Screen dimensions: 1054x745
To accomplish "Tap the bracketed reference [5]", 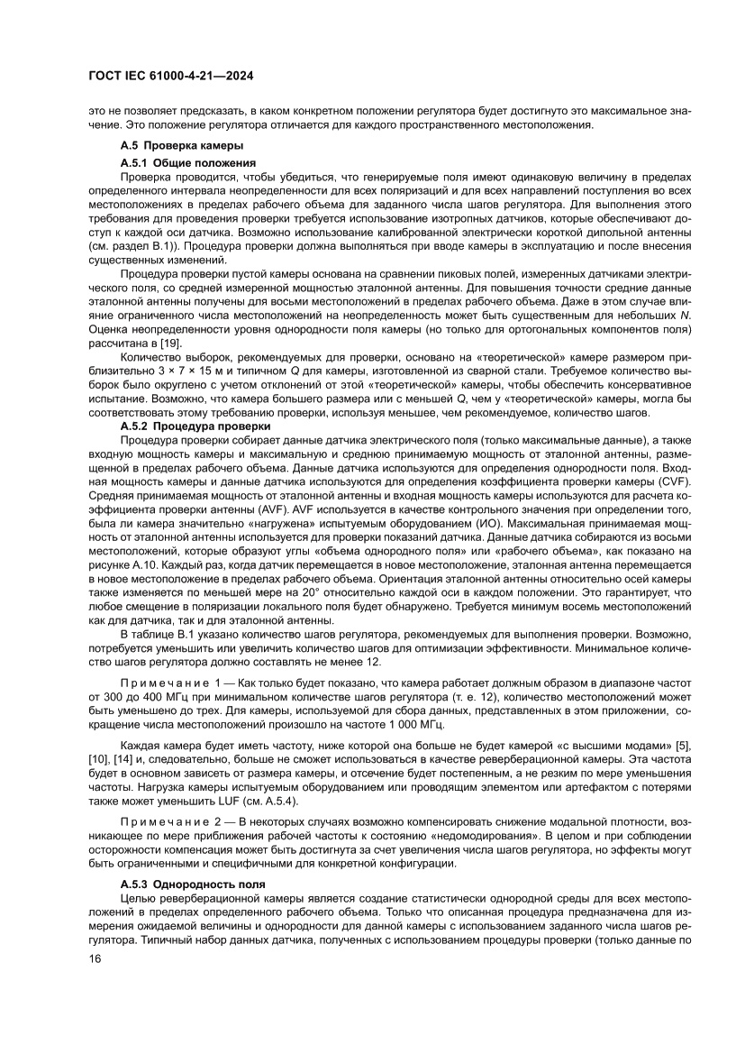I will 684,745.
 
